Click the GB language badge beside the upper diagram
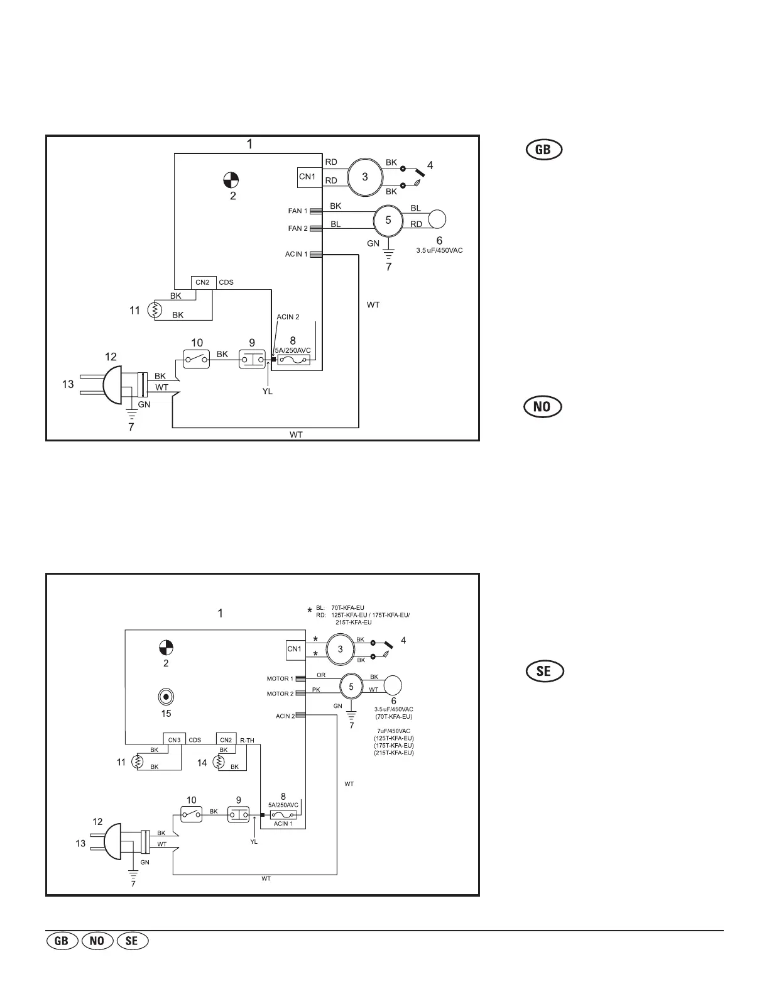[542, 150]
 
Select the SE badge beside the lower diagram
[543, 671]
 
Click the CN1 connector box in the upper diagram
[307, 177]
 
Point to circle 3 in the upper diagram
[365, 177]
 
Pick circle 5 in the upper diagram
[388, 220]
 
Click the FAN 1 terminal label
[298, 211]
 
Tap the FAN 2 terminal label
[298, 228]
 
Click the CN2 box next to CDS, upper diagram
[203, 282]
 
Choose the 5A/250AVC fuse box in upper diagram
[293, 360]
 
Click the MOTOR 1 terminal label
[280, 678]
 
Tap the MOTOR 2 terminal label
[280, 694]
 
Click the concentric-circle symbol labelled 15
[166, 697]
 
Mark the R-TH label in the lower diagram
[247, 740]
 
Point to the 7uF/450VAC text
[393, 730]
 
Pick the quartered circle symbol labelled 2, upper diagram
[232, 179]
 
